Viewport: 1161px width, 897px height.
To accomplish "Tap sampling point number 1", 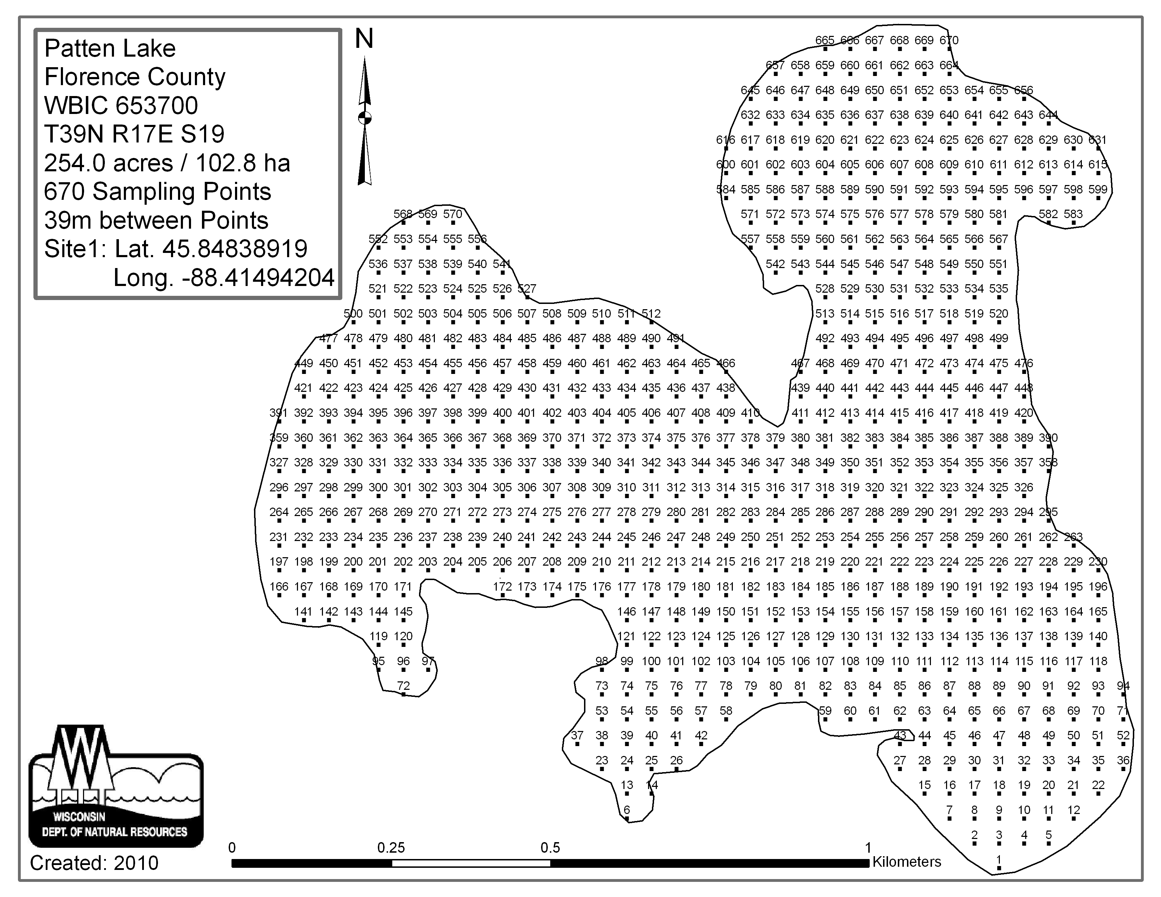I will [x=999, y=859].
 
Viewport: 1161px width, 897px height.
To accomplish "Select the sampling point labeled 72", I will [x=404, y=686].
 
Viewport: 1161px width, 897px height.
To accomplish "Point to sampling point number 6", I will [x=627, y=810].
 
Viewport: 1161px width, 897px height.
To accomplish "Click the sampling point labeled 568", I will [x=403, y=214].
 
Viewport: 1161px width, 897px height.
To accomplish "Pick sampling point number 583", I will [x=1073, y=214].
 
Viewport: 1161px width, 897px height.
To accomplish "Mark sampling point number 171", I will [x=403, y=587].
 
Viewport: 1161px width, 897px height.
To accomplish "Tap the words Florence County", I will [x=135, y=77].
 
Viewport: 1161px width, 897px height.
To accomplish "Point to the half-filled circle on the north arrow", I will [x=365, y=118].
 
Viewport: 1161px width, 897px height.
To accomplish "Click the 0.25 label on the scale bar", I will [x=391, y=848].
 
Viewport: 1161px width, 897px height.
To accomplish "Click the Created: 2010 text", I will [x=94, y=863].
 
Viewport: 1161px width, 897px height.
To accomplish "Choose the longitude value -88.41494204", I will [x=224, y=278].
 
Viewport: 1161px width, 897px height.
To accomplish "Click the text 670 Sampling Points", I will [x=157, y=192].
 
